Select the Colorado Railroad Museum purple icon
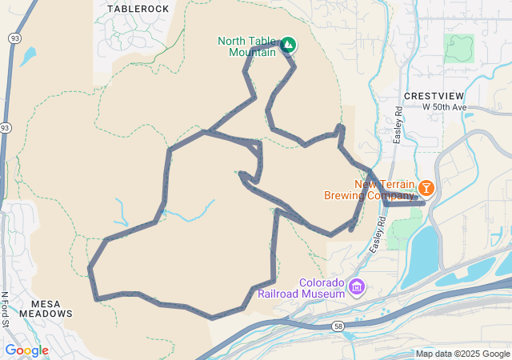pos(356,286)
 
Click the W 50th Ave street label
pos(444,107)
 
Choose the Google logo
pos(26,350)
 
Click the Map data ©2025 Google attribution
pos(462,354)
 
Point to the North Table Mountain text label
pos(246,47)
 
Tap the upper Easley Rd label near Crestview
pos(398,126)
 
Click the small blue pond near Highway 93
pos(29,56)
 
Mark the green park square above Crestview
pos(458,48)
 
